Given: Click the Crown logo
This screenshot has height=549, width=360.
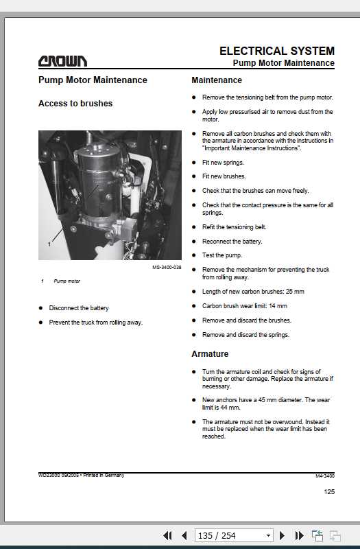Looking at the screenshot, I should [62, 61].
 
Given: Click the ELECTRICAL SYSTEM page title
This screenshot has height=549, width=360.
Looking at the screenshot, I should [276, 51].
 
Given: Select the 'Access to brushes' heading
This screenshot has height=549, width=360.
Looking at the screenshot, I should [75, 104].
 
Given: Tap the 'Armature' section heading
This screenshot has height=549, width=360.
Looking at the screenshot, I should [210, 354].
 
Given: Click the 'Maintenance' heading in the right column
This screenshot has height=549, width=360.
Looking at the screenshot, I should [217, 80].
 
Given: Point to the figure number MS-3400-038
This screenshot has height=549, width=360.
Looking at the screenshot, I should [167, 267].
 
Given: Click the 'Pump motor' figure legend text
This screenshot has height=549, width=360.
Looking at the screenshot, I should [67, 281].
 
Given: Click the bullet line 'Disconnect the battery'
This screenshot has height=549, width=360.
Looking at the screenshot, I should [79, 308].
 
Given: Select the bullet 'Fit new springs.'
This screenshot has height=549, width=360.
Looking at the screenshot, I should [223, 163].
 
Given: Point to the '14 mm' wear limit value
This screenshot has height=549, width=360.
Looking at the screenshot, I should [276, 306].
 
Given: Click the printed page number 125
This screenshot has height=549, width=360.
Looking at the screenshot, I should [329, 491].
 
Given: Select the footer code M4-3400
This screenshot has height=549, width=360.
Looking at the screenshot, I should [325, 476].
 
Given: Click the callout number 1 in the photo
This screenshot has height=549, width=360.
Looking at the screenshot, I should [49, 244].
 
